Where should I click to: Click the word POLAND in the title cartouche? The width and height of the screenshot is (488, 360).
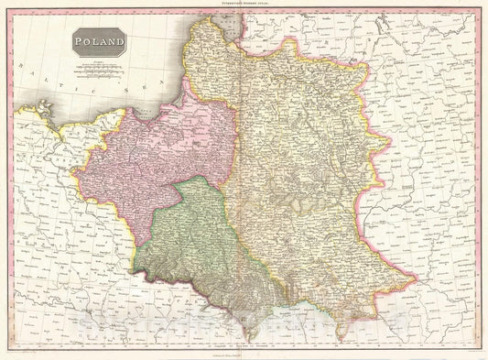click(x=102, y=42)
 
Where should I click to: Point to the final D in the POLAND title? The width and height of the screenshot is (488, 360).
click(x=122, y=42)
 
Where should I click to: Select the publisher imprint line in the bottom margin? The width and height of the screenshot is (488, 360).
click(x=244, y=352)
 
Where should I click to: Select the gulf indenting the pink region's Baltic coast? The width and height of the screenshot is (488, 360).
click(x=146, y=113)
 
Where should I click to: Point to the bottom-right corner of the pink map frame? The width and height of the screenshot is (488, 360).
click(x=477, y=346)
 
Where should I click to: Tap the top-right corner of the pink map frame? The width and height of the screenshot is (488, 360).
click(x=477, y=13)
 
